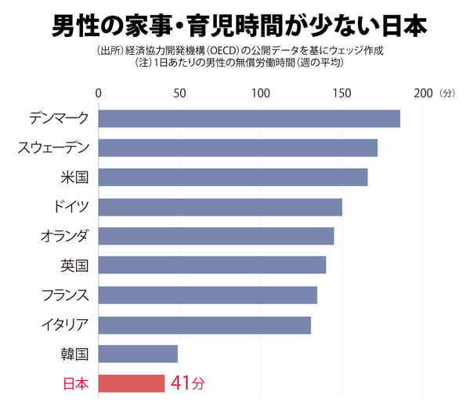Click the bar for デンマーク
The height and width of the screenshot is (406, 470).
click(249, 118)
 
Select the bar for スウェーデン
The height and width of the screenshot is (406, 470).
click(238, 147)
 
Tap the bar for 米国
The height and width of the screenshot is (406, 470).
click(233, 177)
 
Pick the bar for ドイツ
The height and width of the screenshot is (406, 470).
click(220, 207)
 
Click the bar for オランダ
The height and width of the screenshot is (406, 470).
click(216, 236)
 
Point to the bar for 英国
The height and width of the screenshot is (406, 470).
click(212, 265)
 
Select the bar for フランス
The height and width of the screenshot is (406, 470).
click(208, 295)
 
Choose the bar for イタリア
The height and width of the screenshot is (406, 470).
click(204, 324)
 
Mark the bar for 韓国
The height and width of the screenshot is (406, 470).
click(138, 353)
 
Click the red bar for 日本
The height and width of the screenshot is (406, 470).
click(132, 383)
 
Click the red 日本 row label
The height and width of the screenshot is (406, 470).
click(75, 384)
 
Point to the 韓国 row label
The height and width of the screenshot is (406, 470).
click(75, 354)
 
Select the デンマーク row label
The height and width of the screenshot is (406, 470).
click(58, 118)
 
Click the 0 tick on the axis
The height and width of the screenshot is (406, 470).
click(98, 93)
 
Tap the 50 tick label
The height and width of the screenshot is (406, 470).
click(179, 93)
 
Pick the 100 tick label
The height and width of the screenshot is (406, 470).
click(260, 93)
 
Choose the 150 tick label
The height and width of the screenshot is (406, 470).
click(342, 93)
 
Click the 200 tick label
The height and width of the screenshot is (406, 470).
click(423, 93)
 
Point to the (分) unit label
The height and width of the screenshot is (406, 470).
click(447, 93)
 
